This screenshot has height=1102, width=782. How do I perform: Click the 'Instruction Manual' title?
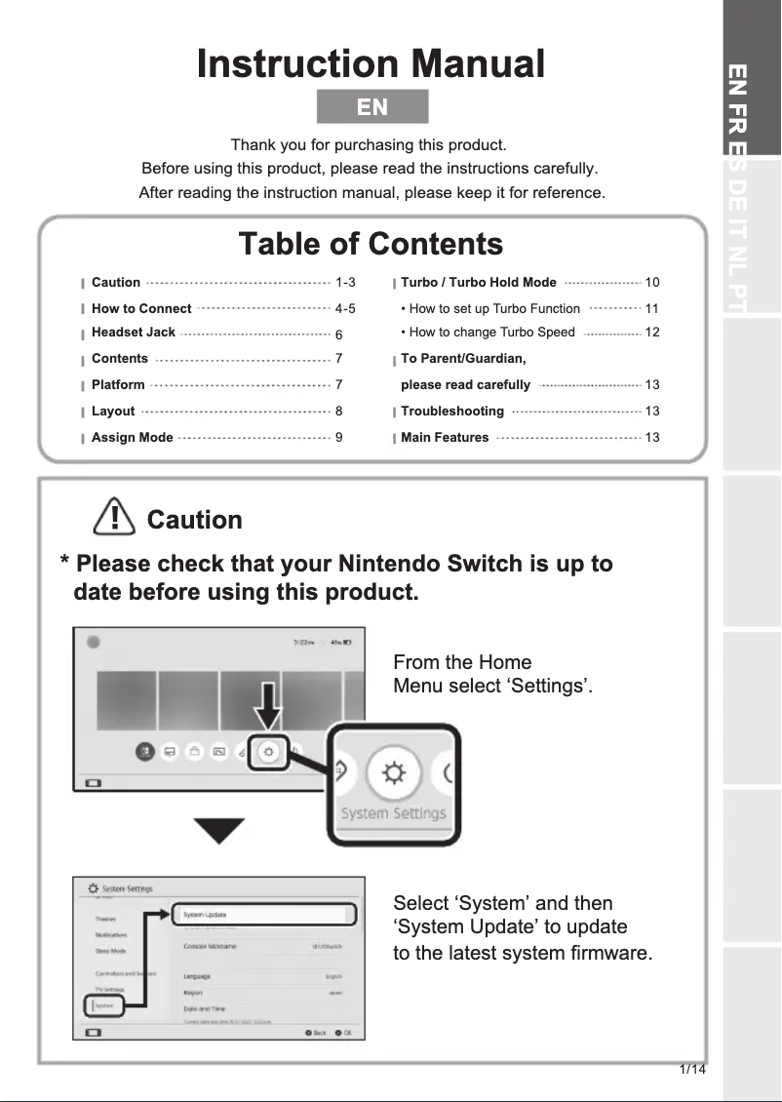[x=371, y=64]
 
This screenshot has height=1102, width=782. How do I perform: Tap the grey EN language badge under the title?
[x=372, y=106]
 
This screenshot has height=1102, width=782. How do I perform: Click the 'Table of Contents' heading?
[x=371, y=243]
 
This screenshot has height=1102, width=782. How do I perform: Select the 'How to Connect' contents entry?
[x=141, y=308]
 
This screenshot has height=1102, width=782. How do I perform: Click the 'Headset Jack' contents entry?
[x=134, y=333]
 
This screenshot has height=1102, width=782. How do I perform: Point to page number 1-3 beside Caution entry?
[x=345, y=283]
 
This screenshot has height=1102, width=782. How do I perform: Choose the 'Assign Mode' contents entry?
[x=132, y=438]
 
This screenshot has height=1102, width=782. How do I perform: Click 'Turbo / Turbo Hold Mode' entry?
[x=479, y=283]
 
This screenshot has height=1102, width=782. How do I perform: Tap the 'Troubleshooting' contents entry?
[x=452, y=412]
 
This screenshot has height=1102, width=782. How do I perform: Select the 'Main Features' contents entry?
[x=445, y=438]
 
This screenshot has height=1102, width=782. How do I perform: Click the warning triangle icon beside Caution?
[x=114, y=517]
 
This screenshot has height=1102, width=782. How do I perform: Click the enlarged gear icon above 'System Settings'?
[x=393, y=773]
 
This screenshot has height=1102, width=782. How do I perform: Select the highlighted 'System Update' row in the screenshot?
[x=261, y=915]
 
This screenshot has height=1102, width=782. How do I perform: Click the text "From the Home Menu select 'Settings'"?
[x=492, y=674]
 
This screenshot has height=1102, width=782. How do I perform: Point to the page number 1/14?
[x=692, y=1070]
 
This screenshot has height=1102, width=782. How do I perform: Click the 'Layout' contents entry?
[x=113, y=412]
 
